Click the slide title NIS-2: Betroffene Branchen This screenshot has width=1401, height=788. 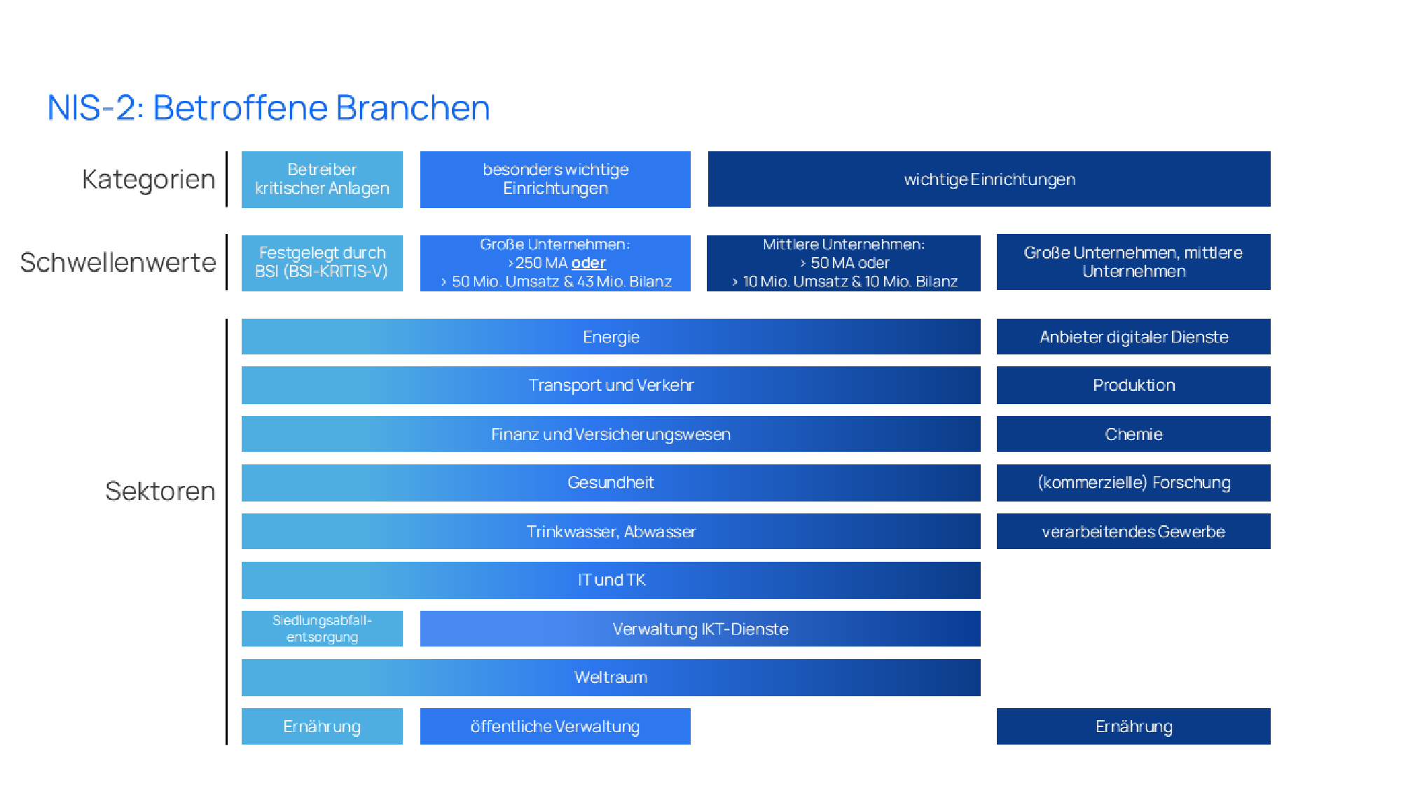pyautogui.click(x=268, y=108)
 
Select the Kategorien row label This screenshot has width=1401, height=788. pyautogui.click(x=149, y=179)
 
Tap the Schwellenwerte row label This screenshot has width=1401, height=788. pyautogui.click(x=118, y=263)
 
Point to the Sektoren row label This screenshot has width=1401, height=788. pyautogui.click(x=160, y=491)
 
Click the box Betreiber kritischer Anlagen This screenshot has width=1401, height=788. pyautogui.click(x=322, y=179)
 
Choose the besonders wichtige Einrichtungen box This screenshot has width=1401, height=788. pyautogui.click(x=555, y=179)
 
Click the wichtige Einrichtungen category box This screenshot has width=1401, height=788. pyautogui.click(x=988, y=179)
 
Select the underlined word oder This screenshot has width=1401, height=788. pyautogui.click(x=588, y=263)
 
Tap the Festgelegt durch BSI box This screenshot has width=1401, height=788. pyautogui.click(x=322, y=263)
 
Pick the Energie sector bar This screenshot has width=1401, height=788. pyautogui.click(x=610, y=337)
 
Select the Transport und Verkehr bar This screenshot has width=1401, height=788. pyautogui.click(x=610, y=385)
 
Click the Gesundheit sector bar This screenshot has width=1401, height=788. pyautogui.click(x=610, y=483)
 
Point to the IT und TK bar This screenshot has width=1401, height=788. pyautogui.click(x=610, y=580)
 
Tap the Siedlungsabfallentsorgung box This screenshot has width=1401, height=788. pyautogui.click(x=322, y=628)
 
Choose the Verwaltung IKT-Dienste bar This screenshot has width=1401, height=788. pyautogui.click(x=700, y=629)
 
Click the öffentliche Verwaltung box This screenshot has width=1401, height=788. pyautogui.click(x=555, y=726)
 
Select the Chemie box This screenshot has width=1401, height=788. pyautogui.click(x=1133, y=434)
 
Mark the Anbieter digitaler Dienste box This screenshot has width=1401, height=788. pyautogui.click(x=1133, y=337)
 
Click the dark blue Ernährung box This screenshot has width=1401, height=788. pyautogui.click(x=1133, y=726)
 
